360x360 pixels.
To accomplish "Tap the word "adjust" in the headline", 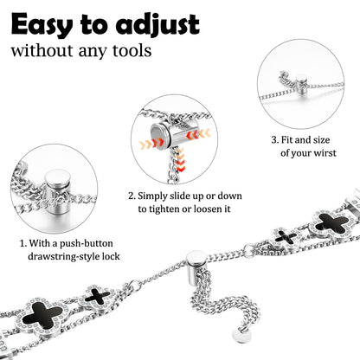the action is (157, 25).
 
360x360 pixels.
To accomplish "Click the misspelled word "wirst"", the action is (325, 152).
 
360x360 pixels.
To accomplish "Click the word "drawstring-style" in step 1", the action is (63, 256).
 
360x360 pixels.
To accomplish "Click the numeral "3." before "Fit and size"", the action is (275, 140).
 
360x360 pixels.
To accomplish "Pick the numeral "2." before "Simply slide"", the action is (132, 196).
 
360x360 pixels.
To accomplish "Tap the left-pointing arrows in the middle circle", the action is (198, 133).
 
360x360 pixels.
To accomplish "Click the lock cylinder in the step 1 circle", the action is (57, 192).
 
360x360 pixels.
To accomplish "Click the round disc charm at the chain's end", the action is (241, 335).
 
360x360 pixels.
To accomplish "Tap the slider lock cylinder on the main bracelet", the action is (196, 267).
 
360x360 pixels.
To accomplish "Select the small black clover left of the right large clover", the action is (286, 237).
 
